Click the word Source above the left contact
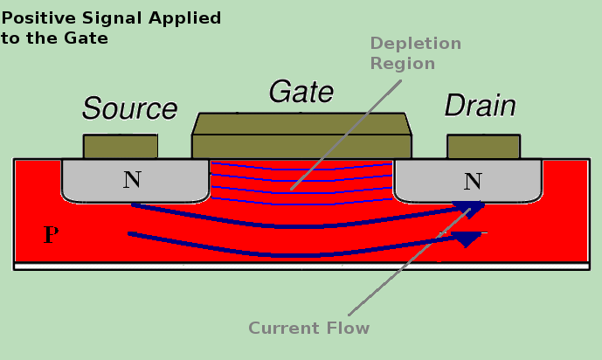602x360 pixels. click(x=129, y=108)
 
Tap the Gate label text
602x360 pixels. click(x=301, y=92)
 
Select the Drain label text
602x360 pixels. click(x=480, y=107)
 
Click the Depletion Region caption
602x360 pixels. click(x=415, y=53)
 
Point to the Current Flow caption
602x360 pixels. click(x=309, y=329)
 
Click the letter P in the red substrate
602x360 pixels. click(x=51, y=234)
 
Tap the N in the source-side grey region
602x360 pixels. click(x=131, y=180)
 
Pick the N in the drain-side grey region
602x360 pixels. click(x=473, y=181)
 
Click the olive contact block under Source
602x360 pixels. click(x=121, y=146)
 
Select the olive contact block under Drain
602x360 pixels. click(x=483, y=146)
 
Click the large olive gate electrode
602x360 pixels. click(x=301, y=136)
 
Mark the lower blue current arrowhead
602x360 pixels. click(x=468, y=238)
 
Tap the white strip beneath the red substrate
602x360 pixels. click(x=301, y=266)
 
